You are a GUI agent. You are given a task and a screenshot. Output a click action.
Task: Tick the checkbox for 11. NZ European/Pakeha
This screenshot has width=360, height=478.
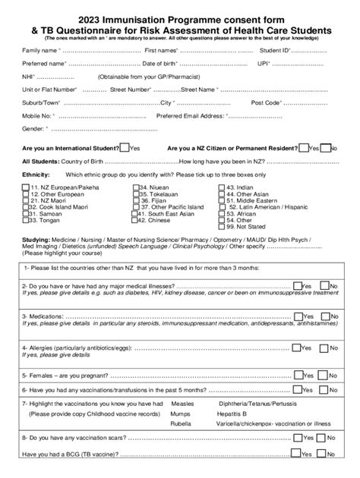[26, 186]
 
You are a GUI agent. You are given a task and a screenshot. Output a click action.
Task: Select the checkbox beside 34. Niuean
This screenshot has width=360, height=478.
[135, 186]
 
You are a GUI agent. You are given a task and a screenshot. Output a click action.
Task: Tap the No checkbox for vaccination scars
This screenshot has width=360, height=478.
[324, 438]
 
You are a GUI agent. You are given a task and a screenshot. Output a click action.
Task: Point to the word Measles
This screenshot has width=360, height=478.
[183, 404]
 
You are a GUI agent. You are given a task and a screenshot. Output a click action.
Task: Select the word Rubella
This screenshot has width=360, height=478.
[183, 425]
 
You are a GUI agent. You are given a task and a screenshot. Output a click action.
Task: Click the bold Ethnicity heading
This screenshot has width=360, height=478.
[36, 174]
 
